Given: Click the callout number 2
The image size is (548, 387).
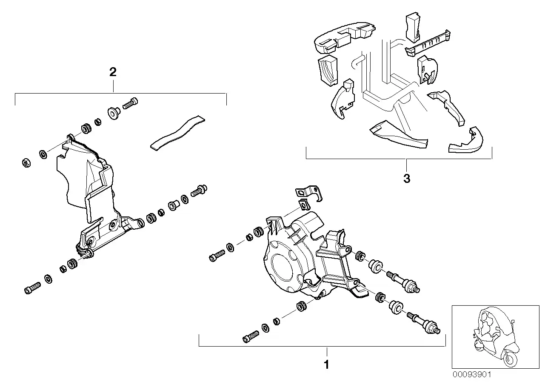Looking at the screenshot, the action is tap(113, 72).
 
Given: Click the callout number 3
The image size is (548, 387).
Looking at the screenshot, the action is tap(407, 179).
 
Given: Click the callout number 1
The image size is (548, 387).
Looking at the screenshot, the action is tap(326, 365).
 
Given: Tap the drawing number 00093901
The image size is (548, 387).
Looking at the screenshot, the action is tap(472, 375).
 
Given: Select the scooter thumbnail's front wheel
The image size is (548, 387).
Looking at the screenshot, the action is tap(511, 359).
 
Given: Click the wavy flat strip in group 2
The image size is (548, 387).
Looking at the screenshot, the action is tap(177, 133).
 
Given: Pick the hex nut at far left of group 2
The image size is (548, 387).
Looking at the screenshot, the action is tap(26, 162).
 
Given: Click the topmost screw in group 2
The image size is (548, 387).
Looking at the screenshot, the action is tap(130, 103).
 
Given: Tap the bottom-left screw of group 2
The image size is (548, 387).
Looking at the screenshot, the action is tap(32, 288).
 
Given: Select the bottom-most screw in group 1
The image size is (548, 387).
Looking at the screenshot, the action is tap(251, 337).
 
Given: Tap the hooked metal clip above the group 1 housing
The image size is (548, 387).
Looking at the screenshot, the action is tap(309, 193).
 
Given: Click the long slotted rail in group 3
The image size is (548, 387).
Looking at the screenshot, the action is tap(428, 44).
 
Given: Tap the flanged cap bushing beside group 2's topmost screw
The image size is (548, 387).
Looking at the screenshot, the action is tap(114, 113).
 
